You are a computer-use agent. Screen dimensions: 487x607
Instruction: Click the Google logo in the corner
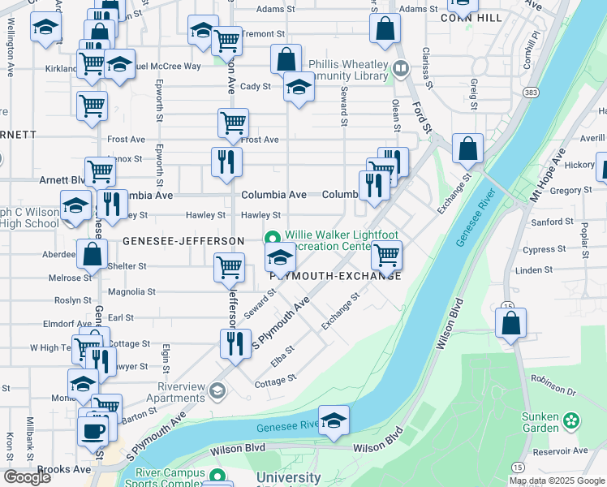pos(28,477)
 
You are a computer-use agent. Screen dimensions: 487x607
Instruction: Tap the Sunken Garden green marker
pos(573,420)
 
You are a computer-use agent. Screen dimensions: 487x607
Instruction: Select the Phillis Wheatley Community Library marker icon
pos(399,69)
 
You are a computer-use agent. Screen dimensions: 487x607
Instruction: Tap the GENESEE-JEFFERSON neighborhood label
pos(183,241)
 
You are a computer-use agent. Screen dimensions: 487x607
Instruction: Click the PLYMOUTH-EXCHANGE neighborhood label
pos(335,276)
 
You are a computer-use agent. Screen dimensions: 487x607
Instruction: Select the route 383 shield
pos(531,93)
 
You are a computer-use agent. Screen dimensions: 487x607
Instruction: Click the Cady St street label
pos(254,86)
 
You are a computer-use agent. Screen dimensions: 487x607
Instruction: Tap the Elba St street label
pos(282,355)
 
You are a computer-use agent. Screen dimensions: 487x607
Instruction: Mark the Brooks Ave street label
pos(63,469)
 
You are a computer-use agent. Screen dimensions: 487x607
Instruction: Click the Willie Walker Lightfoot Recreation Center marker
pos(273,238)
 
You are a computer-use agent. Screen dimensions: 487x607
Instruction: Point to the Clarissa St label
pos(426,66)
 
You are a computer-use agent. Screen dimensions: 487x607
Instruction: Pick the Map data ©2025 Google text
pos(556,481)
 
